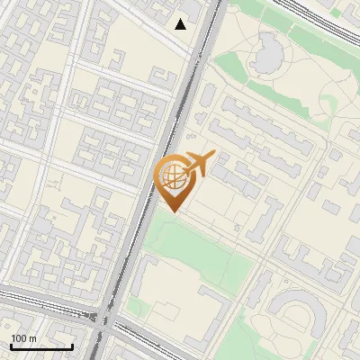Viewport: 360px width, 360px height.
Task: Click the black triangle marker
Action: pyautogui.click(x=181, y=24)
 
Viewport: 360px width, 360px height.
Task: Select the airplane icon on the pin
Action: pyautogui.click(x=201, y=165)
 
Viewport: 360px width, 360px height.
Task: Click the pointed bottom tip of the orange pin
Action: pyautogui.click(x=173, y=211)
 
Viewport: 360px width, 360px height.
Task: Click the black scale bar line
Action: pyautogui.click(x=41, y=347)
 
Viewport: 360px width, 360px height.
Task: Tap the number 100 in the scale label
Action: pyautogui.click(x=18, y=338)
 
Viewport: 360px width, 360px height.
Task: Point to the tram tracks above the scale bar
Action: pyautogui.click(x=45, y=306)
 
